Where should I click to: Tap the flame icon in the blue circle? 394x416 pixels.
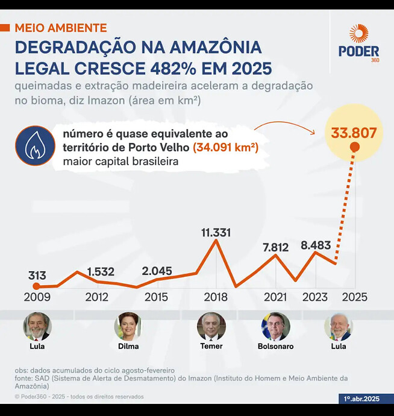35,145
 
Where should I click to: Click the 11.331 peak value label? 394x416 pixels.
215,233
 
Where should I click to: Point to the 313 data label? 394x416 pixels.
37,276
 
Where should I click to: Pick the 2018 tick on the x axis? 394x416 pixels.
215,297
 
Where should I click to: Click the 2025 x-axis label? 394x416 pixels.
354,297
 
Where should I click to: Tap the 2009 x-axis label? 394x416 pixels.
37,297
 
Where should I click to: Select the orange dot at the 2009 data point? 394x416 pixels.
36,286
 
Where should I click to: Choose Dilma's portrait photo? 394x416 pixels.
128,326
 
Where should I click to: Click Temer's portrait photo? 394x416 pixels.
211,326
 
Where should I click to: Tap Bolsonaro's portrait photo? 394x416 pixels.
275,326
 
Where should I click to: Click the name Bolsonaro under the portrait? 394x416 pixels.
275,347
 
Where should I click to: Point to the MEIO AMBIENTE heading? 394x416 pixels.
60,28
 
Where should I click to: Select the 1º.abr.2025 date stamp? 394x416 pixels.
362,399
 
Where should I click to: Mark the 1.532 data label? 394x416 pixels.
101,271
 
